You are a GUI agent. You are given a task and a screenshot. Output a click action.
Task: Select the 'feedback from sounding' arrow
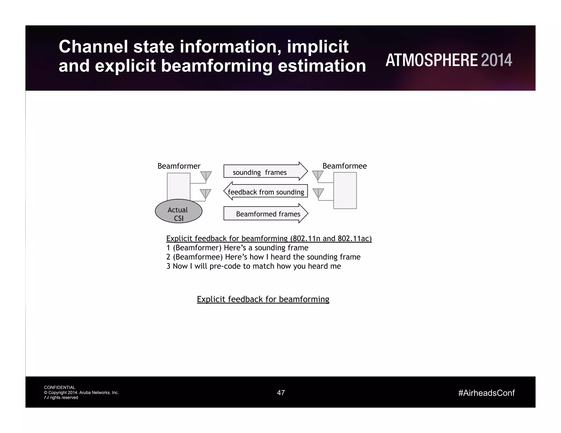click(x=266, y=191)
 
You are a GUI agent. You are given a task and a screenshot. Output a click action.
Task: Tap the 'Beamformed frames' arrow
click(x=266, y=213)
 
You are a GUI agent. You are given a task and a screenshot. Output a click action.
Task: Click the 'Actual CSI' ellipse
click(x=178, y=211)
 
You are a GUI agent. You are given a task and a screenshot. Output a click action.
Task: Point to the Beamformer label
click(x=179, y=166)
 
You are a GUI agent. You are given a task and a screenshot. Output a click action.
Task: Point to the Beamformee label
click(x=344, y=166)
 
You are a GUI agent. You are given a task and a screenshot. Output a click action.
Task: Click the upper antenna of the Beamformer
click(x=206, y=176)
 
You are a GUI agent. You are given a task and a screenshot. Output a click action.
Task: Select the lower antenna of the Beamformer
click(x=205, y=194)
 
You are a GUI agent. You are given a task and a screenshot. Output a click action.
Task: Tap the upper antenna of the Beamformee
click(x=318, y=175)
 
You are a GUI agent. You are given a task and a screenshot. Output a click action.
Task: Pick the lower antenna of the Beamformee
click(x=318, y=193)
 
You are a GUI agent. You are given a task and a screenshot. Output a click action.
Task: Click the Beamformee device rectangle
click(x=345, y=190)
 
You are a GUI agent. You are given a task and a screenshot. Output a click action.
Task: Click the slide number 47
click(x=281, y=393)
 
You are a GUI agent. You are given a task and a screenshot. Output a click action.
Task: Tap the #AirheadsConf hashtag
click(x=486, y=393)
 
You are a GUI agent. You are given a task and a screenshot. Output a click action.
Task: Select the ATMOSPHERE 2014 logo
click(x=449, y=60)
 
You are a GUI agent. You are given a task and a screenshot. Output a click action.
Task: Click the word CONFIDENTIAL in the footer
click(x=59, y=388)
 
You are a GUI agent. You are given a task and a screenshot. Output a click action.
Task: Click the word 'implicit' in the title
click(x=317, y=47)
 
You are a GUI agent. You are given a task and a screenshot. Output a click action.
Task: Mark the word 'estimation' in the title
click(x=322, y=66)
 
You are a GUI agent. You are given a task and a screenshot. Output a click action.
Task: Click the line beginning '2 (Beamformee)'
click(x=263, y=257)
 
